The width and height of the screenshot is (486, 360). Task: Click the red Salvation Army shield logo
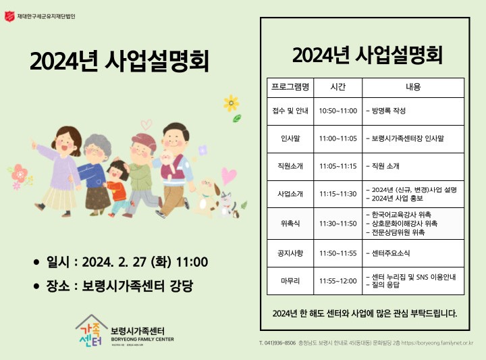tap(9, 16)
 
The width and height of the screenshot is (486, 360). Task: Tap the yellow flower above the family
tap(232, 103)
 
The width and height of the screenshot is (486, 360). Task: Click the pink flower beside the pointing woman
tap(20, 174)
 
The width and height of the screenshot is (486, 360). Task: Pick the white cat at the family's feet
tap(228, 205)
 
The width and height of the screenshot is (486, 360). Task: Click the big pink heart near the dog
tap(229, 176)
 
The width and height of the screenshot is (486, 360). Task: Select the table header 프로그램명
tap(290, 87)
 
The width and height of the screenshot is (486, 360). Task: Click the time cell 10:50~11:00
tap(338, 111)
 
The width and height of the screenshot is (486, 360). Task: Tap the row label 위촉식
tap(290, 224)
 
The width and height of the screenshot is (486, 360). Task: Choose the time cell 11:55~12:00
tap(338, 281)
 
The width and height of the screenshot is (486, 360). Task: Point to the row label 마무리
tap(290, 281)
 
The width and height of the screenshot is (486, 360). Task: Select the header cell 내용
tap(413, 87)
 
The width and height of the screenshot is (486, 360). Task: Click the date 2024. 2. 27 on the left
tap(114, 262)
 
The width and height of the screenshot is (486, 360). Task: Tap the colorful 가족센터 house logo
tap(91, 331)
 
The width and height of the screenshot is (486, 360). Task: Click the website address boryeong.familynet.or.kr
tap(437, 343)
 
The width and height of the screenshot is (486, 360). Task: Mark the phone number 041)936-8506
tap(277, 343)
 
